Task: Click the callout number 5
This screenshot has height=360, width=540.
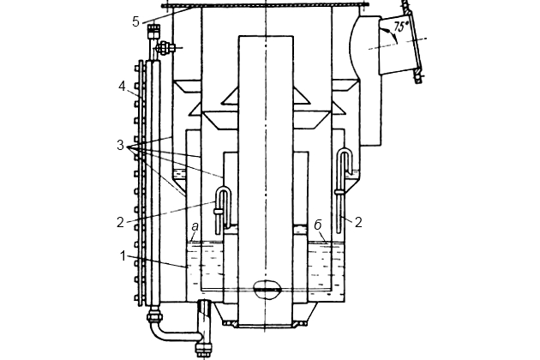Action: (x=135, y=21)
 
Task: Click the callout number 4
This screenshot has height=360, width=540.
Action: (x=122, y=87)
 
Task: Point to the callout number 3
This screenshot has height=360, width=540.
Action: (x=120, y=146)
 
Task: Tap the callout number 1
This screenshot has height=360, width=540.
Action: (x=123, y=256)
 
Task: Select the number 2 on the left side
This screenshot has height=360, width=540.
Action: (x=120, y=223)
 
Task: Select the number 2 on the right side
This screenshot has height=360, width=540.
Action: (x=358, y=223)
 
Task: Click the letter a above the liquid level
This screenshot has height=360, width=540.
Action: (x=195, y=226)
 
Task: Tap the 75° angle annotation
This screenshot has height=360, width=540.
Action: (x=401, y=27)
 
